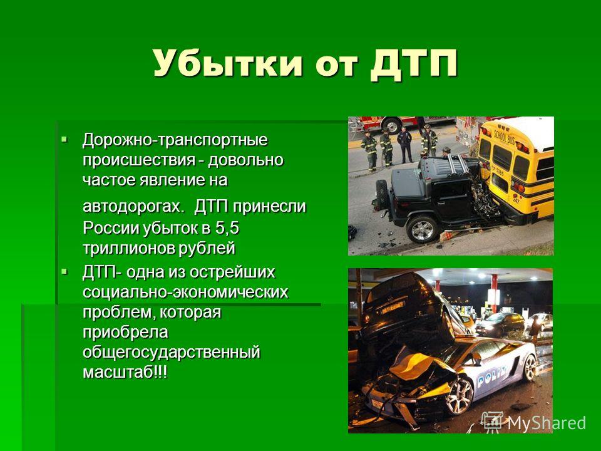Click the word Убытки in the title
228,63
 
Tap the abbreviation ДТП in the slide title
414,64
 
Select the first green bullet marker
64,138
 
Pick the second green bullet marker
64,271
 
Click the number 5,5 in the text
227,229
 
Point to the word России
111,229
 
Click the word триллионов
128,249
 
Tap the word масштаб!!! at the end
125,372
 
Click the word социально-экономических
185,293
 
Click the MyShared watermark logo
533,422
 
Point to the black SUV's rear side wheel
422,229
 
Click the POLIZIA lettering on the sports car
492,377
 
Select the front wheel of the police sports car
459,396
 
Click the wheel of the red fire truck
392,125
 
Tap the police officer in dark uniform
405,145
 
